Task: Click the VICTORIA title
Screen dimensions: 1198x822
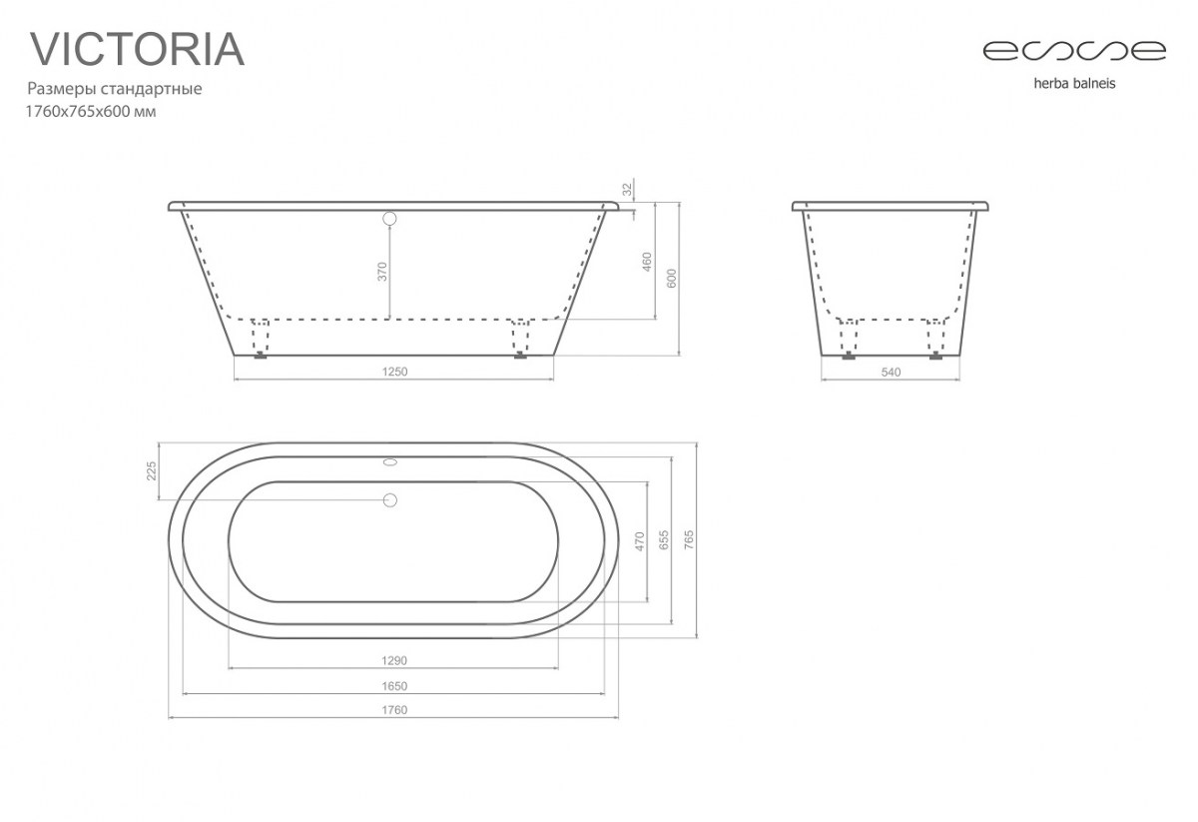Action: pyautogui.click(x=137, y=49)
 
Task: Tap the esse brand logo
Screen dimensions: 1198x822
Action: pyautogui.click(x=1074, y=51)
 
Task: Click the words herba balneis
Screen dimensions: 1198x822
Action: pyautogui.click(x=1074, y=84)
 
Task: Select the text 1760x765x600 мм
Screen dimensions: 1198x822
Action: pyautogui.click(x=91, y=112)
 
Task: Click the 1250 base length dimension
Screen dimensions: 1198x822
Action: pyautogui.click(x=394, y=372)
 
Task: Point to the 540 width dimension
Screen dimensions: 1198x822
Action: pyautogui.click(x=891, y=372)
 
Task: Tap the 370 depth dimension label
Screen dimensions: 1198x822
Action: pyautogui.click(x=381, y=272)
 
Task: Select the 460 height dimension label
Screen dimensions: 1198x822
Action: pyautogui.click(x=647, y=262)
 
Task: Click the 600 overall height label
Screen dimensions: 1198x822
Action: pyautogui.click(x=672, y=279)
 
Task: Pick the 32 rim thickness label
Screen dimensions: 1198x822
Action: pyautogui.click(x=627, y=189)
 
